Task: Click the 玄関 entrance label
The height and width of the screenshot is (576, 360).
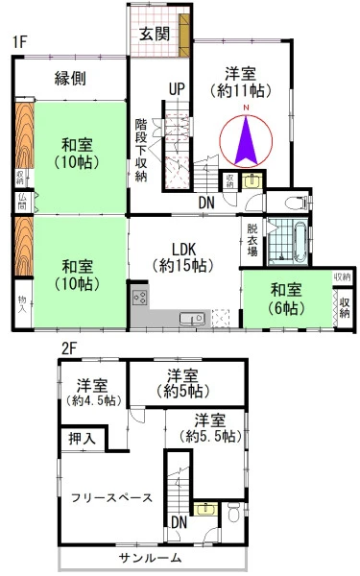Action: click(x=155, y=35)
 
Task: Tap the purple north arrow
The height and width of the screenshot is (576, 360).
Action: click(x=246, y=140)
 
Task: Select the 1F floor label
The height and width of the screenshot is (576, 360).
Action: click(x=20, y=42)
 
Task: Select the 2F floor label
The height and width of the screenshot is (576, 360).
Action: click(x=69, y=348)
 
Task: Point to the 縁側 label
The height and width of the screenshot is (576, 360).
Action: click(x=70, y=78)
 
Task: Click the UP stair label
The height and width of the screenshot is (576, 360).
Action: click(x=177, y=89)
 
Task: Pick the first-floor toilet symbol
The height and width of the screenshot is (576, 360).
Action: click(x=297, y=202)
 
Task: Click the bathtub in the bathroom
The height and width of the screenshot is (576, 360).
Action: click(x=300, y=241)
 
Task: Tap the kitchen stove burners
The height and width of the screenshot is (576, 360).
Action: click(x=140, y=298)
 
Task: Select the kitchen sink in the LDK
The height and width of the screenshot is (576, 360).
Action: click(x=192, y=319)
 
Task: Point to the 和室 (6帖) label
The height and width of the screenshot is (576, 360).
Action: click(x=286, y=299)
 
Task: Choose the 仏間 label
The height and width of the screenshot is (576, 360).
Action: click(x=22, y=202)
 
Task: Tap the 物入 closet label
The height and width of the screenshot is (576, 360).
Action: click(x=22, y=304)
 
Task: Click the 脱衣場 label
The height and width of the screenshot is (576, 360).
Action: click(x=252, y=240)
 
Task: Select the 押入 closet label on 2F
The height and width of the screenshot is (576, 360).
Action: click(x=82, y=439)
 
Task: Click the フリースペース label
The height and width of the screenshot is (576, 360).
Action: click(x=111, y=498)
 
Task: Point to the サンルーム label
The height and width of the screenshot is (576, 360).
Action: click(x=151, y=558)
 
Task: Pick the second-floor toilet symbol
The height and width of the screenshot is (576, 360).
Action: click(x=233, y=512)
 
